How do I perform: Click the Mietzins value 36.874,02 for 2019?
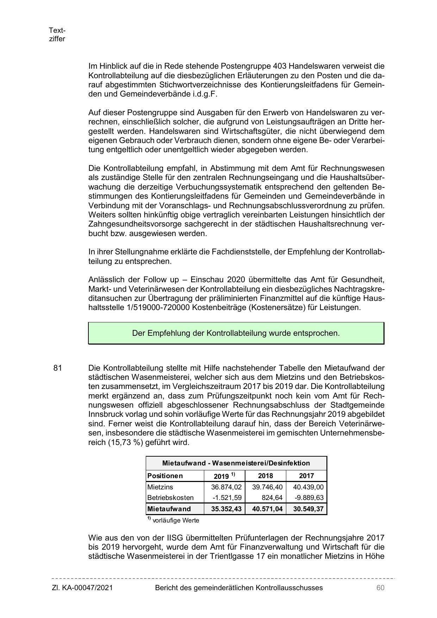click(226, 487)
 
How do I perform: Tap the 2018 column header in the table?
click(266, 476)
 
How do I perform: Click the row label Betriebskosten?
click(170, 498)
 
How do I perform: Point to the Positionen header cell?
click(165, 476)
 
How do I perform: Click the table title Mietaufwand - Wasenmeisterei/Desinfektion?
click(236, 463)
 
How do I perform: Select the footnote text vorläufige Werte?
click(176, 520)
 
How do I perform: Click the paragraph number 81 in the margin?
click(58, 368)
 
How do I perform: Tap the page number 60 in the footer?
click(380, 588)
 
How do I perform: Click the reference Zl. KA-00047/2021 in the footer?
click(82, 588)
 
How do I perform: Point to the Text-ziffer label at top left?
click(57, 35)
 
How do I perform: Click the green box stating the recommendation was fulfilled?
click(236, 333)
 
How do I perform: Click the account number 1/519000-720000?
click(154, 307)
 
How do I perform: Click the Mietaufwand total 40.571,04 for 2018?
click(267, 509)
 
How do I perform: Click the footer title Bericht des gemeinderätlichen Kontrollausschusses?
click(239, 588)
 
